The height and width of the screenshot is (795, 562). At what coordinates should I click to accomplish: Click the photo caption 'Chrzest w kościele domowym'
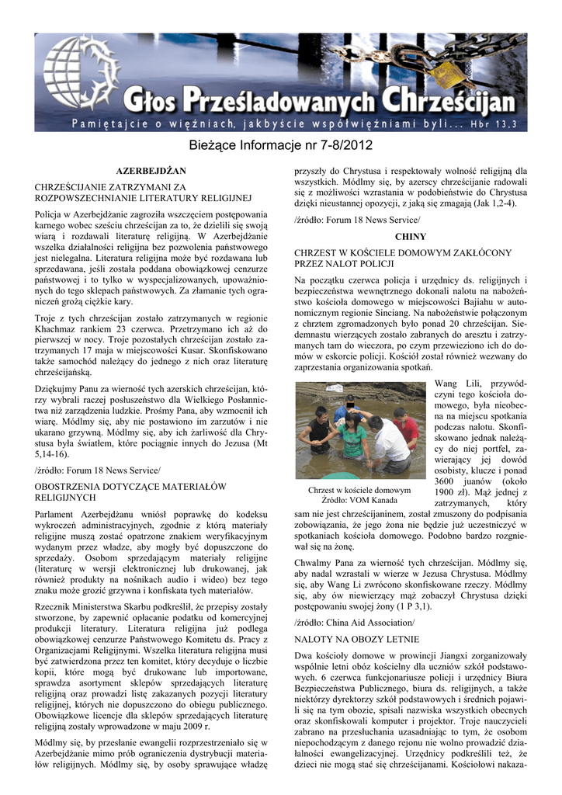(359, 490)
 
